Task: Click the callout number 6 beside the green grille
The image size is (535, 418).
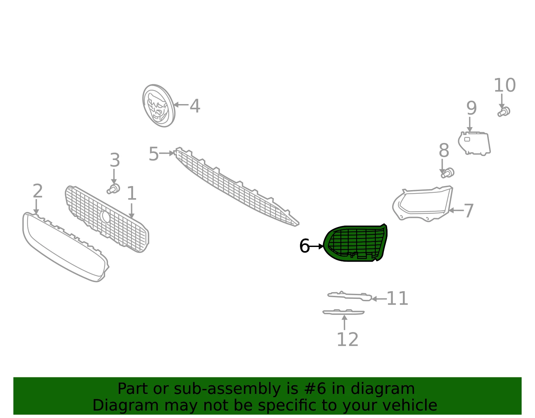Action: tap(304, 246)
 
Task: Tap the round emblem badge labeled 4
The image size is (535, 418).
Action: tap(159, 106)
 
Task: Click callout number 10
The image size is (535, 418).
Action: tap(505, 85)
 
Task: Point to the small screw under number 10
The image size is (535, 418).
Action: tap(504, 112)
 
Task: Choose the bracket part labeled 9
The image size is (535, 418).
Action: tap(474, 144)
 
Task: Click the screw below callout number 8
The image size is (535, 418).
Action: tap(448, 173)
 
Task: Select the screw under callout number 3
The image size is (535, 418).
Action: tap(113, 189)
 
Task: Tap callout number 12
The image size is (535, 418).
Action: tap(347, 339)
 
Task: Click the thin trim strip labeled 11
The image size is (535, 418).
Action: tap(350, 296)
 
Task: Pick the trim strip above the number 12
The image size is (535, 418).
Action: tap(343, 312)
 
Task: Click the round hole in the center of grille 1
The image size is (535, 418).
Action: tap(105, 217)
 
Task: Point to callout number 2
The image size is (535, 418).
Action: tap(38, 191)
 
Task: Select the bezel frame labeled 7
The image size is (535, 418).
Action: tap(423, 204)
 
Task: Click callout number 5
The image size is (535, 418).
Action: tap(153, 154)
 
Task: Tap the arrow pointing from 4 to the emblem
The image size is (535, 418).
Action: tap(181, 105)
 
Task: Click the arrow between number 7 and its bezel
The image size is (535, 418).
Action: tap(456, 211)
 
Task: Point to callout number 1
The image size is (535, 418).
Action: tap(131, 193)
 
